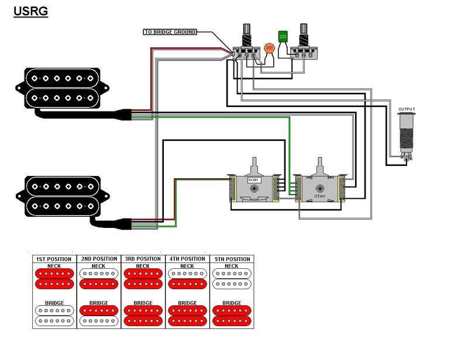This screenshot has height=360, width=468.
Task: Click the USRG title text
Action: (x=30, y=11)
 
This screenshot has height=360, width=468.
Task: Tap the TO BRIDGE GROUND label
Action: (x=170, y=32)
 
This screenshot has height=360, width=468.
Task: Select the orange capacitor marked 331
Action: (x=269, y=47)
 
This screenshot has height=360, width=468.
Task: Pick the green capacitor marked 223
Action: (x=283, y=36)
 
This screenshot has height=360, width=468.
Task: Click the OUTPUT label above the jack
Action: (x=407, y=109)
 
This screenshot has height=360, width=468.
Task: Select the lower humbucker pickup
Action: (x=60, y=192)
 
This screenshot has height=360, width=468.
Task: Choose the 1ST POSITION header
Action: (x=54, y=259)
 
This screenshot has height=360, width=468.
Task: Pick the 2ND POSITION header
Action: (x=98, y=259)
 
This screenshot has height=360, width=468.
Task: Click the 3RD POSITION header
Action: (x=143, y=259)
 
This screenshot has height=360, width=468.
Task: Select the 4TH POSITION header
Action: (x=187, y=259)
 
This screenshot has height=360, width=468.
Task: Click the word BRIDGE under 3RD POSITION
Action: (x=143, y=303)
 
